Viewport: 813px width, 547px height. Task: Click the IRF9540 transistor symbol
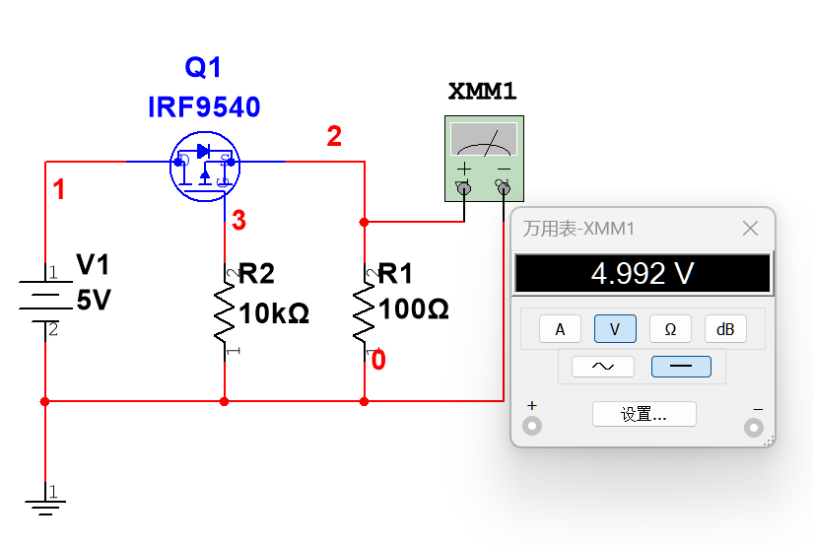click(205, 166)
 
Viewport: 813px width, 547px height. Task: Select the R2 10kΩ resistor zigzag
click(225, 312)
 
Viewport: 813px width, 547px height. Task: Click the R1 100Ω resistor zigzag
click(364, 312)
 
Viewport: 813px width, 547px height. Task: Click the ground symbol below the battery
click(45, 507)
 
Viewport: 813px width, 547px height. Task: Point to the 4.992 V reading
click(643, 273)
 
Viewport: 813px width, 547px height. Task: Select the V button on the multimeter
click(615, 329)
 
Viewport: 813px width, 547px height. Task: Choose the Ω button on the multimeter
click(670, 329)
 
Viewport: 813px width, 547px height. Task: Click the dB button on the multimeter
click(725, 329)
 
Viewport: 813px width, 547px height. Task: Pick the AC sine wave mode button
click(602, 367)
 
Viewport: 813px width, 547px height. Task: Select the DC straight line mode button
click(681, 367)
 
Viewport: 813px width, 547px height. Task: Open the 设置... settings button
click(644, 414)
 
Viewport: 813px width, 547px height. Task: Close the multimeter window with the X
click(750, 228)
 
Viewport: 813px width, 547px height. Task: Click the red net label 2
click(334, 136)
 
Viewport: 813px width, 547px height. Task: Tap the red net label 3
click(239, 221)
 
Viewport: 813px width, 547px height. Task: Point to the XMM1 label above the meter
click(482, 92)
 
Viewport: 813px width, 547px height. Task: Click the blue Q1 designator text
click(203, 67)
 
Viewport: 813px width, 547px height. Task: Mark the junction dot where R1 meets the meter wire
click(364, 222)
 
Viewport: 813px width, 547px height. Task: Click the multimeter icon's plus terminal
click(464, 188)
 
